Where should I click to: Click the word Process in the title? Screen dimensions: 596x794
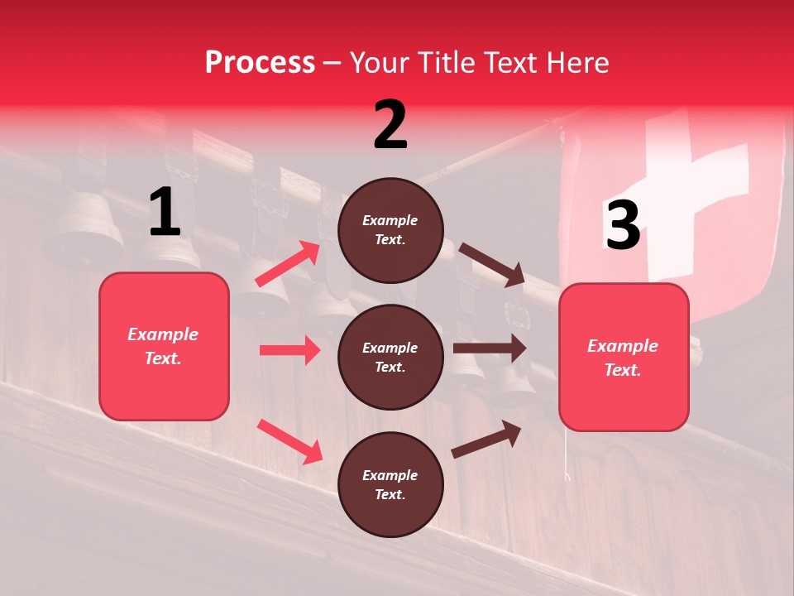(260, 62)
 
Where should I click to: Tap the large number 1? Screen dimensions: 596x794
(165, 213)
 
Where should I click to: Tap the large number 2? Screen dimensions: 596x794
(390, 125)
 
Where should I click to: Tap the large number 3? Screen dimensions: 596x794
(623, 225)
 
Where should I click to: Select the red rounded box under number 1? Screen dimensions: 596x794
(164, 346)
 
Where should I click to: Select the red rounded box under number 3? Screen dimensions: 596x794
(624, 357)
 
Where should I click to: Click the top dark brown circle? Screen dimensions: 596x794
(390, 230)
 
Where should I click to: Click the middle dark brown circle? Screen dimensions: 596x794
(390, 357)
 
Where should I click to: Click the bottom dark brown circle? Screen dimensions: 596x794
(390, 484)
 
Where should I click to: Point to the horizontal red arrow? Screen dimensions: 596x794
(289, 350)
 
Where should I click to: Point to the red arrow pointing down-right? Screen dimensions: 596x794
(289, 441)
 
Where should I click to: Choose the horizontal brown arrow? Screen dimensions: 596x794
(490, 348)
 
